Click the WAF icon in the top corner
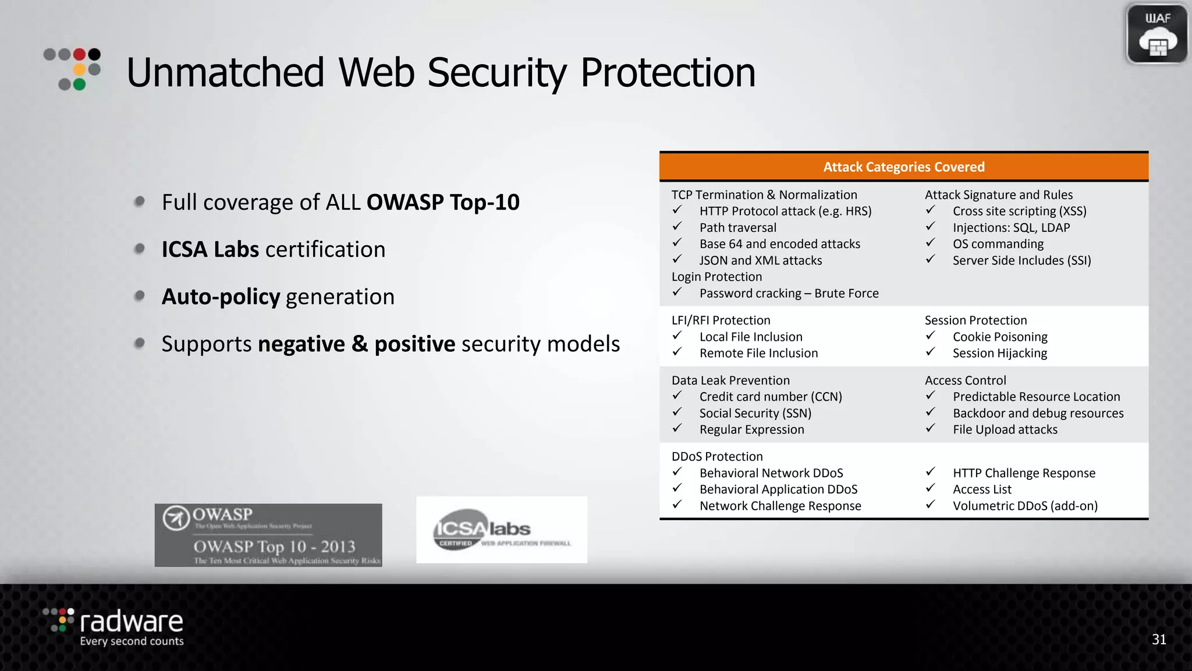tap(1156, 34)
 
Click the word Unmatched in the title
tap(225, 73)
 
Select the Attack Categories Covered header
tap(903, 167)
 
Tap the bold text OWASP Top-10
tap(443, 202)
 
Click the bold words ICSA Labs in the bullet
tap(210, 249)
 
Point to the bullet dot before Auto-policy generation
tap(140, 296)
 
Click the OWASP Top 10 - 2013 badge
tap(268, 535)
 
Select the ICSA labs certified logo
tap(501, 529)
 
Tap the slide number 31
tap(1159, 640)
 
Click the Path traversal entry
tap(737, 228)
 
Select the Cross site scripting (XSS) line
tap(1019, 211)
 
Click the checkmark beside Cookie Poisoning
tap(930, 335)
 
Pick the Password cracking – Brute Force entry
tap(789, 294)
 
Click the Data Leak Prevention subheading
tap(730, 380)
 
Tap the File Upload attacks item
tap(1005, 430)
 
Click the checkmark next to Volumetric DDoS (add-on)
tap(930, 504)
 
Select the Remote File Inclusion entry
tap(758, 353)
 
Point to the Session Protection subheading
tap(975, 320)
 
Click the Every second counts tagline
tap(132, 641)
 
